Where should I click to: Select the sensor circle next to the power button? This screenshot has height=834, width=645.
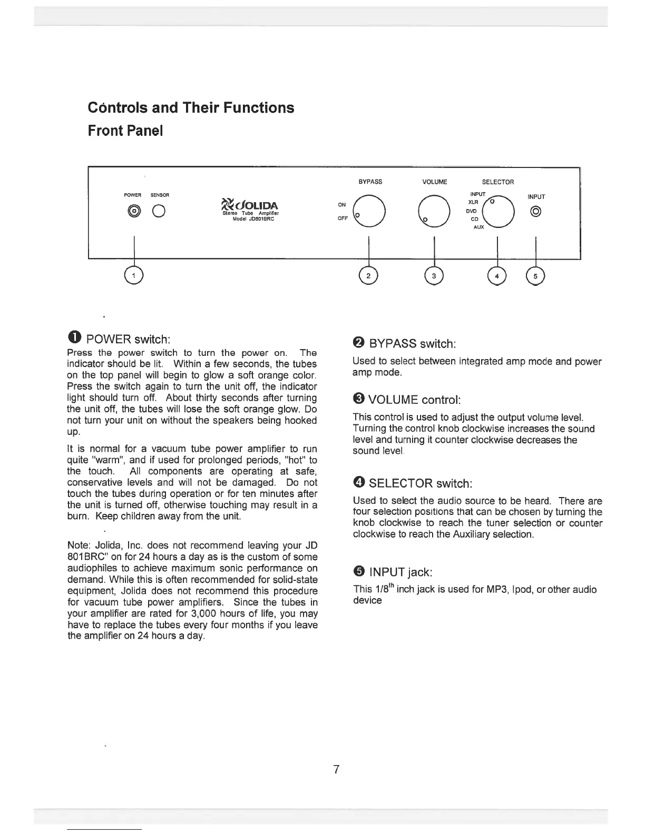159,212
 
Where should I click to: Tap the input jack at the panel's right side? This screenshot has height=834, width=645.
536,212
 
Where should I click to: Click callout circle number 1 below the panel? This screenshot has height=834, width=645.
135,276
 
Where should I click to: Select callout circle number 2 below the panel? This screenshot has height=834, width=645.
369,276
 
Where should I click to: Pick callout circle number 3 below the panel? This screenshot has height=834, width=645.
434,276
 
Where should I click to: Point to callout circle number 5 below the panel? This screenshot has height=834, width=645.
535,276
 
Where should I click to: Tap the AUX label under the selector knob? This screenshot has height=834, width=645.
478,227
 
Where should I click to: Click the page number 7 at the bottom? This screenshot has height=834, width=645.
336,769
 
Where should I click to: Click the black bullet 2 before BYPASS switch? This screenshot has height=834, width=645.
358,344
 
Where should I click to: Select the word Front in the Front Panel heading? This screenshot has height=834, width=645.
106,131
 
